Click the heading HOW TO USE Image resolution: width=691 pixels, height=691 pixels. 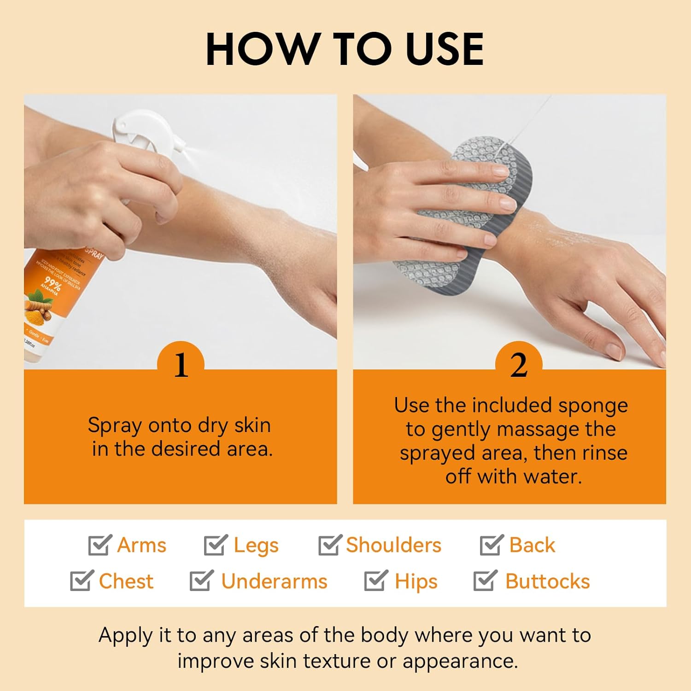[x=345, y=49]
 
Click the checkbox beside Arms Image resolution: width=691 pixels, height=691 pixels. [x=100, y=545]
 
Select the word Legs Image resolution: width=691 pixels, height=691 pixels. [x=256, y=545]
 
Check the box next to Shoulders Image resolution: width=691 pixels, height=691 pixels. [x=329, y=545]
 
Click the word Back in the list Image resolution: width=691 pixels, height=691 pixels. [x=532, y=545]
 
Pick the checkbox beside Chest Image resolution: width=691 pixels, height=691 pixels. [x=81, y=581]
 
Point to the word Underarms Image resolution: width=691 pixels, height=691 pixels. [x=274, y=581]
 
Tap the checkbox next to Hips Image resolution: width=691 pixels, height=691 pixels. [x=375, y=581]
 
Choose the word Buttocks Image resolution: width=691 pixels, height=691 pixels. [x=547, y=581]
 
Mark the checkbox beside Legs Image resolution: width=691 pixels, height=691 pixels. [x=215, y=545]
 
